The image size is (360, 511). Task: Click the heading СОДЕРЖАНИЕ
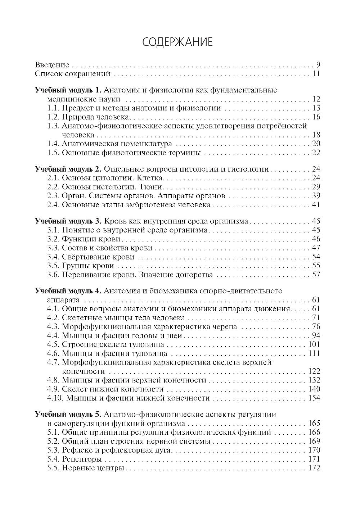pos(177,42)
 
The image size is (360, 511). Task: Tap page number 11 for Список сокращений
pos(316,74)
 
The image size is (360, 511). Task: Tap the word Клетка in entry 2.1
pos(153,178)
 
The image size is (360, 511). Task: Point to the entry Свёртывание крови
pos(98,257)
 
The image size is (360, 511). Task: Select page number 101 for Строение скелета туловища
pos(314,344)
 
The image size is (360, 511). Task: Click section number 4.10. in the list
pos(55,398)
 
